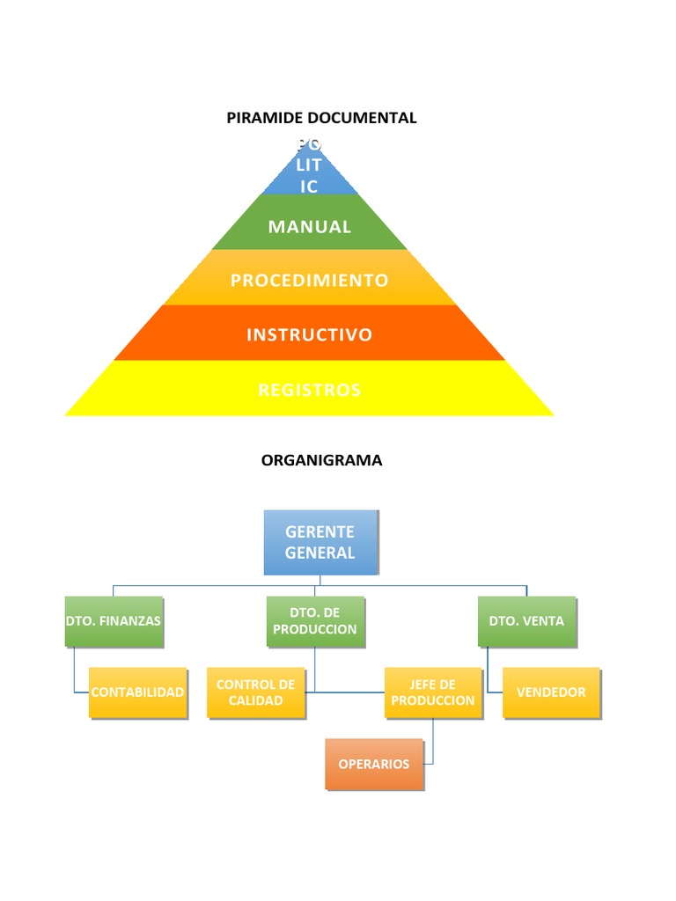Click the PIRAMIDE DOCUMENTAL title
tap(321, 118)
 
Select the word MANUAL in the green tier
tap(310, 226)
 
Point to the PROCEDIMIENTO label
tap(309, 281)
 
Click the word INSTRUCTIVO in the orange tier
tap(309, 335)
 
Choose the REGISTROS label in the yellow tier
tap(309, 390)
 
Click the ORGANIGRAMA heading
tap(321, 460)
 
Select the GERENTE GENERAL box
tap(320, 542)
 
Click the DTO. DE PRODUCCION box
tap(315, 621)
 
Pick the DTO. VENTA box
tap(526, 621)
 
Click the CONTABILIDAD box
tap(137, 692)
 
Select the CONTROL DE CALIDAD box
tap(256, 692)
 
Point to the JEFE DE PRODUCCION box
tap(433, 692)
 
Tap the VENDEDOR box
tap(551, 692)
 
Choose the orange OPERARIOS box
tap(374, 764)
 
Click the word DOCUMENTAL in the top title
tap(368, 118)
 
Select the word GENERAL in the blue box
tap(320, 553)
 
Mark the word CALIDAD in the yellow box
tap(256, 701)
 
